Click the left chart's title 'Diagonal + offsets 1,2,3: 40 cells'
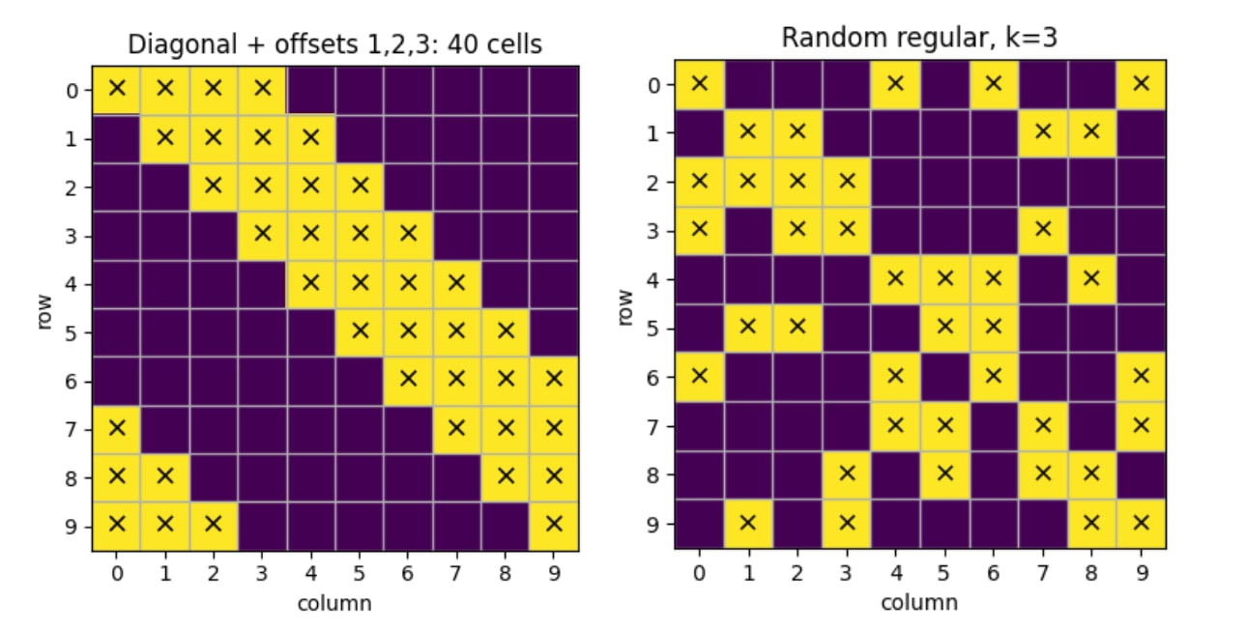tap(334, 44)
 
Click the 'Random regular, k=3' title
tap(919, 38)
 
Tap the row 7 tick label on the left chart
tap(71, 430)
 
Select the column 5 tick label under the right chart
tap(943, 573)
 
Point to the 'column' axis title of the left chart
tap(334, 604)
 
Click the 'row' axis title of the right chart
tap(624, 307)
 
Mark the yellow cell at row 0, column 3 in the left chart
tap(262, 90)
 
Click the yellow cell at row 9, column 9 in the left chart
tap(554, 527)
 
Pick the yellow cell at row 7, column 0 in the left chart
tap(116, 430)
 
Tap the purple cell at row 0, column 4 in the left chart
tap(311, 90)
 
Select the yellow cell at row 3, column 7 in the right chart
tap(1042, 231)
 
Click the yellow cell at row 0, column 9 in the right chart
tap(1141, 85)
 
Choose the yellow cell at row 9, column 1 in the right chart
tap(747, 524)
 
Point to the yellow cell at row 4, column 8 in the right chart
tap(1091, 279)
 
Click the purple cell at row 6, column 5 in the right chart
tap(944, 378)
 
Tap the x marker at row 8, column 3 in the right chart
tap(846, 474)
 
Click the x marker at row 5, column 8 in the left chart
tap(506, 331)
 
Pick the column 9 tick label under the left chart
tap(554, 573)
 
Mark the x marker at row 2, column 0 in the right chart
tap(699, 181)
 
